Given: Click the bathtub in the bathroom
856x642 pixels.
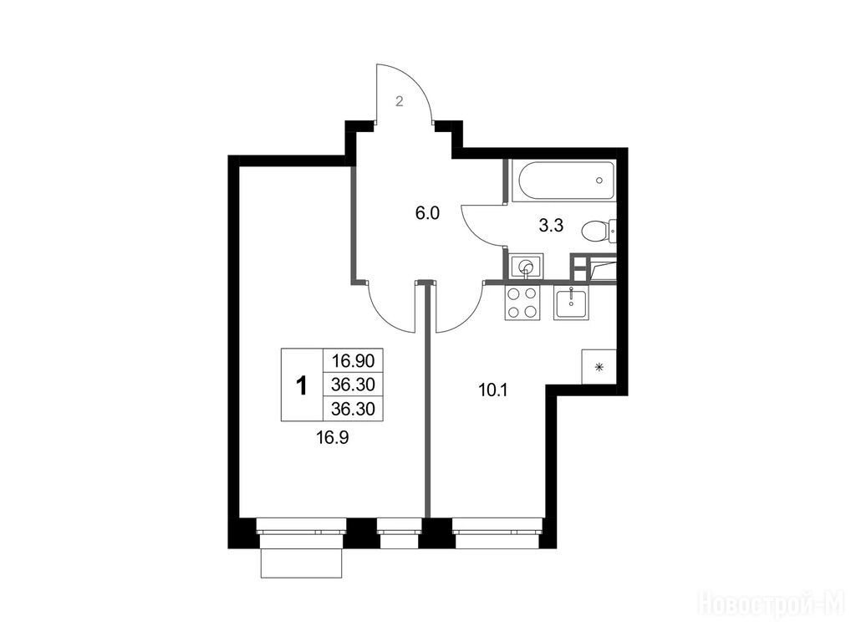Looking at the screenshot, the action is (564, 181).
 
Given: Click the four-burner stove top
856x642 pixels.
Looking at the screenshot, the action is (522, 303).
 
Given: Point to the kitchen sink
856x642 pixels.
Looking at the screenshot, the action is (570, 303).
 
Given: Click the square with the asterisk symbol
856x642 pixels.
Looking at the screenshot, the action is (599, 367).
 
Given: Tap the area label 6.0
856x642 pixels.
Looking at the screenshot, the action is (427, 213).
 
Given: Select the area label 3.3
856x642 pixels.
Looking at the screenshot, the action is (551, 226).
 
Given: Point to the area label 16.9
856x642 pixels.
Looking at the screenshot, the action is (333, 436).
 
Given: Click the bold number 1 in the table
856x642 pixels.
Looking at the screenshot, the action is (301, 385).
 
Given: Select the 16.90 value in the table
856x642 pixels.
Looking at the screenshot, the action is (354, 361).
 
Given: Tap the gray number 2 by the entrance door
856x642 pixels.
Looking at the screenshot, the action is (399, 101).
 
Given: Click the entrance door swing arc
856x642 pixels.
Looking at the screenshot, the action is (420, 82).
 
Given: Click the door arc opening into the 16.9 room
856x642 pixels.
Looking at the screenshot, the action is (382, 317).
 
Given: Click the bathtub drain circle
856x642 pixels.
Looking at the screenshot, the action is (599, 181).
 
